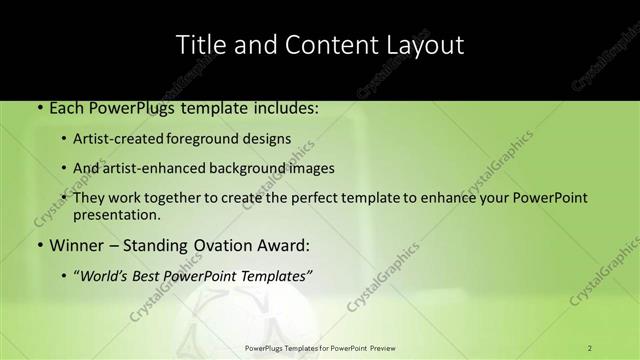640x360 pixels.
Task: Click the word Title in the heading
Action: pyautogui.click(x=199, y=45)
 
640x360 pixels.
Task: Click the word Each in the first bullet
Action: pyautogui.click(x=66, y=107)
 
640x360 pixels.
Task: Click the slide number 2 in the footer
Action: pyautogui.click(x=590, y=348)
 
